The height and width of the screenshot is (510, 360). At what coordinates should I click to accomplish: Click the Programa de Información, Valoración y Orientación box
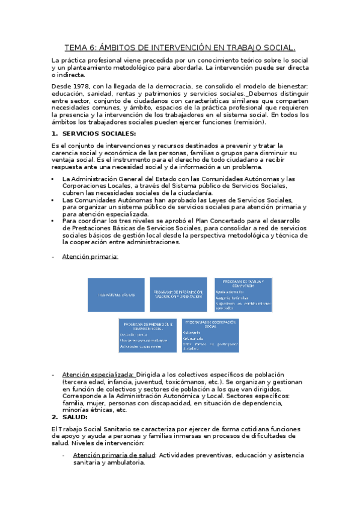(x=178, y=278)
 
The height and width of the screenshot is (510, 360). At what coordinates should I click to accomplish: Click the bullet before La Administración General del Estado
(x=53, y=179)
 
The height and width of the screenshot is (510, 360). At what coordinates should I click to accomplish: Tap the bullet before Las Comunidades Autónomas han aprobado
(x=53, y=200)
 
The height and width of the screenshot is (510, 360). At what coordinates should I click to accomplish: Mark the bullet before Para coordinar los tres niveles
(x=53, y=221)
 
